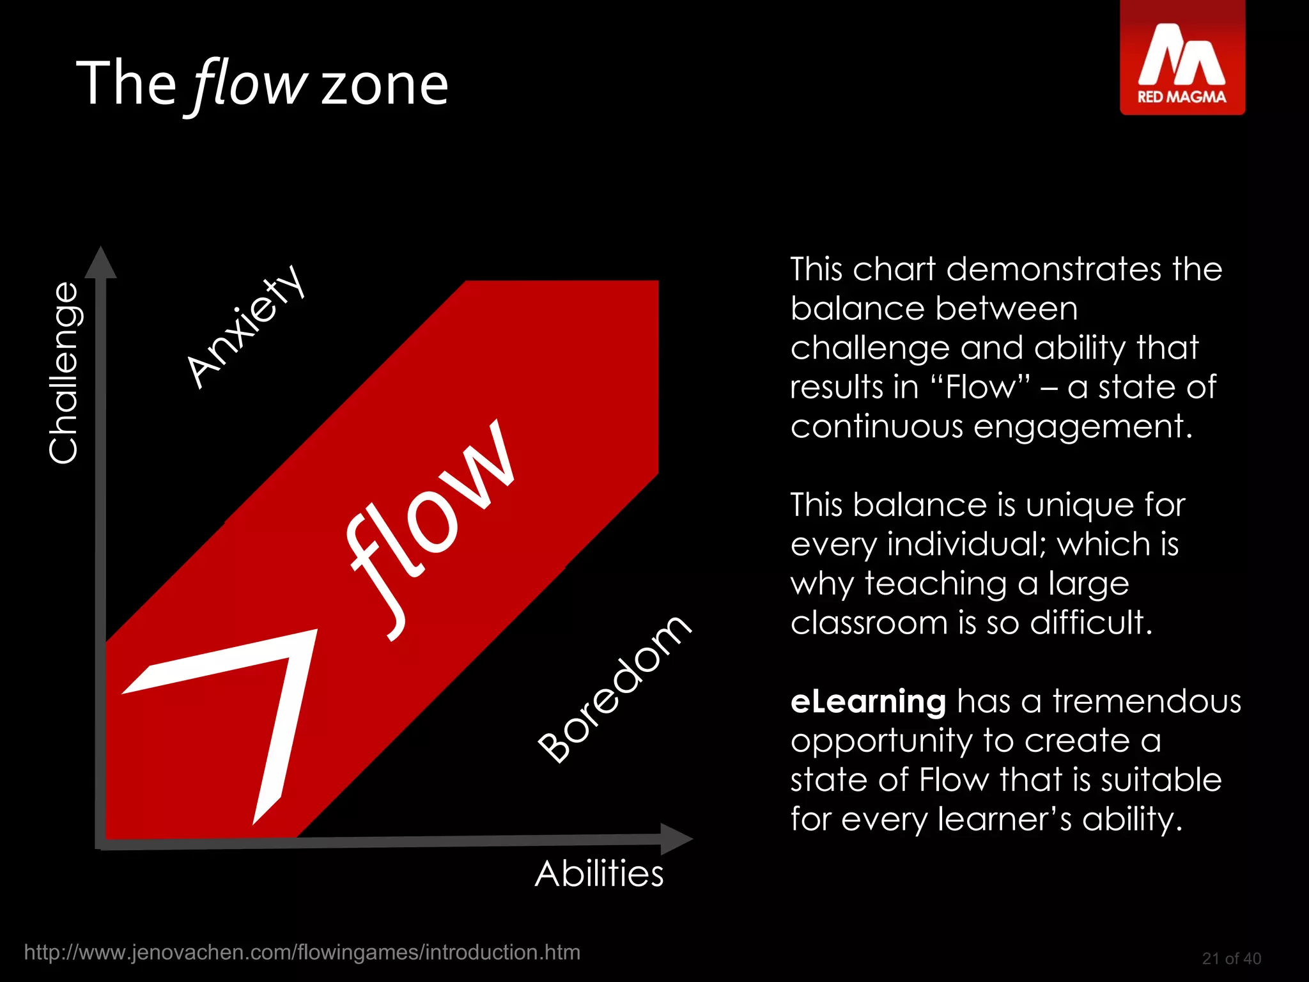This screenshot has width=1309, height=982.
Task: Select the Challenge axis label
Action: pos(64,373)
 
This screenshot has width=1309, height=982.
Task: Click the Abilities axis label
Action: pos(599,873)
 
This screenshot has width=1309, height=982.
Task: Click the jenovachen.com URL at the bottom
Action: pos(302,953)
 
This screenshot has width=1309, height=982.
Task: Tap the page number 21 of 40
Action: pos(1231,958)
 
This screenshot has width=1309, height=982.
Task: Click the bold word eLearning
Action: pos(868,701)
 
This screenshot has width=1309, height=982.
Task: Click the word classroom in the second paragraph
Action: pos(869,622)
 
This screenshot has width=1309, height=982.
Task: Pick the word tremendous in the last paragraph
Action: pos(1147,701)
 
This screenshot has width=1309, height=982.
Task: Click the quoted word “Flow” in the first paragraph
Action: pos(980,387)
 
